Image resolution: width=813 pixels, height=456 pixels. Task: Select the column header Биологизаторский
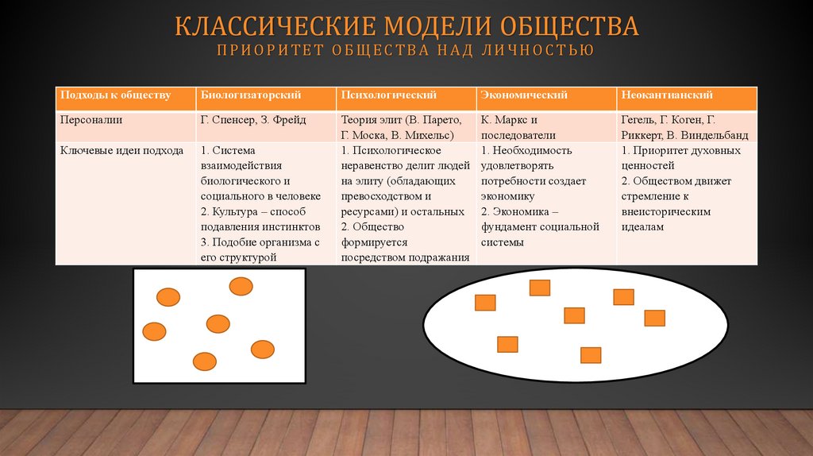pyautogui.click(x=250, y=95)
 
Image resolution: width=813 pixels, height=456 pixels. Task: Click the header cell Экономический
pyautogui.click(x=525, y=95)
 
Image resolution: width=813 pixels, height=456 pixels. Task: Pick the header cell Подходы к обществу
pyautogui.click(x=115, y=95)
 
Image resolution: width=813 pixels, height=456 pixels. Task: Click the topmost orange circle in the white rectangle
pyautogui.click(x=241, y=286)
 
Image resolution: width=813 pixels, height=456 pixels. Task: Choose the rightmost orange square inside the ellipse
pyautogui.click(x=654, y=318)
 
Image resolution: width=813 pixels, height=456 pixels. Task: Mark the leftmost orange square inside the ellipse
pyautogui.click(x=485, y=303)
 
